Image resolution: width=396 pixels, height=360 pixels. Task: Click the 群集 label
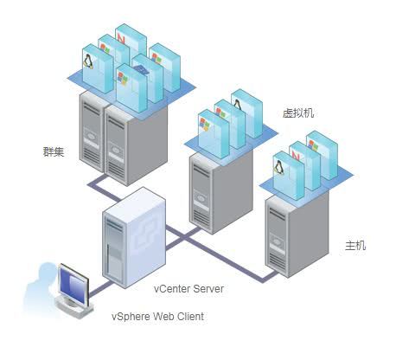point(54,151)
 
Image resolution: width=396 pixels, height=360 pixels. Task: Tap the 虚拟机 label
point(297,112)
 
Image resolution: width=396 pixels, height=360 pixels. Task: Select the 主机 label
point(355,246)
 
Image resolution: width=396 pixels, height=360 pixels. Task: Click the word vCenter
point(172,289)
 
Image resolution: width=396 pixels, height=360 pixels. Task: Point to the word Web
point(163,317)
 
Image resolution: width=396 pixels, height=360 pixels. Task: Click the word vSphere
point(131,317)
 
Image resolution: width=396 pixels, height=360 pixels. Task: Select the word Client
point(190,317)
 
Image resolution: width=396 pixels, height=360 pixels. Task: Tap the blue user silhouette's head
point(47,271)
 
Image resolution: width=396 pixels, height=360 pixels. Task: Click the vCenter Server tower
point(134,237)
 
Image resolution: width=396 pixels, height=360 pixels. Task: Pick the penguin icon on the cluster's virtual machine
point(88,61)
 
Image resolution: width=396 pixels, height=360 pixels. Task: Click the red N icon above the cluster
point(121,38)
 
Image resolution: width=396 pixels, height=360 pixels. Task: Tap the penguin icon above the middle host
point(238,105)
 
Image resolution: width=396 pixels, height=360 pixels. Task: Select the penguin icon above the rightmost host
point(278,167)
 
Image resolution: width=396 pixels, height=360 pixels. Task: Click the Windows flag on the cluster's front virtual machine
point(123,78)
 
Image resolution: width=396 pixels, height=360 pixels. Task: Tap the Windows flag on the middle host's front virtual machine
point(204,125)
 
